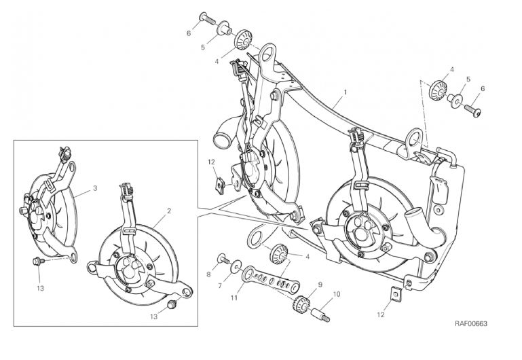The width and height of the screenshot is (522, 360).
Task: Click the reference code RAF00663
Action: tap(470, 323)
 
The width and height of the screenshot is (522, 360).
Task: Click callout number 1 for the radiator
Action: tap(346, 92)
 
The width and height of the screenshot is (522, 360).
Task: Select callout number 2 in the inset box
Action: tap(169, 211)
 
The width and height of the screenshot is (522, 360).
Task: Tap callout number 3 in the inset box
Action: tap(95, 188)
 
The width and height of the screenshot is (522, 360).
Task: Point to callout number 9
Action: tap(320, 285)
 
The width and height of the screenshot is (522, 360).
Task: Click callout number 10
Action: tap(337, 294)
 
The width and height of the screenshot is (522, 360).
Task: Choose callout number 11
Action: tap(234, 298)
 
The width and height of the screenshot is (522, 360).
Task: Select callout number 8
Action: tap(209, 274)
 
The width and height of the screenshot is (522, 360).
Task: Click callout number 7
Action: tap(220, 285)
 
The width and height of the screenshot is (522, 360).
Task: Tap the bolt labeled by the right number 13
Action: tap(172, 304)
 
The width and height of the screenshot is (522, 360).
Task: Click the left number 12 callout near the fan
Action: tap(212, 162)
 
